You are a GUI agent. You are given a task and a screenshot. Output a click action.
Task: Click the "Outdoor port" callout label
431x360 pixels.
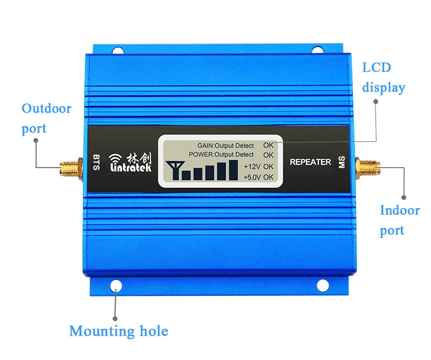pos(46,119)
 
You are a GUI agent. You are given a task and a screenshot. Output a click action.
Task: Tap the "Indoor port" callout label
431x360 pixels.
pos(399,220)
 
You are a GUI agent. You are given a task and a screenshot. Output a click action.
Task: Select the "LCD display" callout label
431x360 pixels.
pos(383,77)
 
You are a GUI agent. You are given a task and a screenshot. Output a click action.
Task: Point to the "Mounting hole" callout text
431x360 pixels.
pos(119,330)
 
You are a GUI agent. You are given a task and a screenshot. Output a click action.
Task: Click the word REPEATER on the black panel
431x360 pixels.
pos(310,162)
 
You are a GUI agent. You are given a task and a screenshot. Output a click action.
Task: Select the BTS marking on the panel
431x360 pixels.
pos(96,162)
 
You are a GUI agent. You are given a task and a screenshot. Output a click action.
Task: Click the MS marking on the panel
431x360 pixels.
pos(341,162)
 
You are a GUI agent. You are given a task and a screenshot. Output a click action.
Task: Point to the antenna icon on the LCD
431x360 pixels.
pos(173,169)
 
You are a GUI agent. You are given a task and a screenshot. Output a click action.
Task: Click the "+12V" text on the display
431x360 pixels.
pos(252,166)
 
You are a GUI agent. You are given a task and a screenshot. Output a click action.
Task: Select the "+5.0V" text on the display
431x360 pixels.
pos(252,177)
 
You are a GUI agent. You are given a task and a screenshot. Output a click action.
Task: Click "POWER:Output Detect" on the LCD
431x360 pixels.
pos(221,155)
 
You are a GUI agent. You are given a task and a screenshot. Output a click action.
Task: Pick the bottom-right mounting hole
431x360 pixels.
pos(322,285)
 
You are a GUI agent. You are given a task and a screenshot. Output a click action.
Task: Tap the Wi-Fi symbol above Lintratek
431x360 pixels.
pos(116,158)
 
